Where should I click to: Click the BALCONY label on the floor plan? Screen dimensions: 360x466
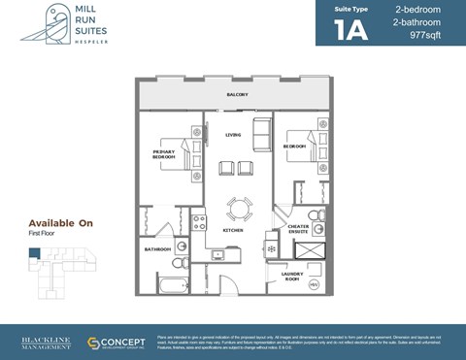click(x=238, y=94)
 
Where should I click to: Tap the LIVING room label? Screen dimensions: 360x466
click(x=233, y=135)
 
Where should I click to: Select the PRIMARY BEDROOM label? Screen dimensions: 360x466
click(x=163, y=153)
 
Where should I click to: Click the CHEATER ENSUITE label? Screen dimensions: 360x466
click(x=299, y=230)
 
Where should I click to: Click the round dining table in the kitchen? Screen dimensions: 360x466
click(x=237, y=208)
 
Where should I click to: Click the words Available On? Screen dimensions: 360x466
click(x=60, y=223)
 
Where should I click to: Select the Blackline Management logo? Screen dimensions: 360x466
click(x=46, y=343)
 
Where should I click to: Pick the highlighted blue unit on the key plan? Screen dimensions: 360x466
click(x=34, y=254)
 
